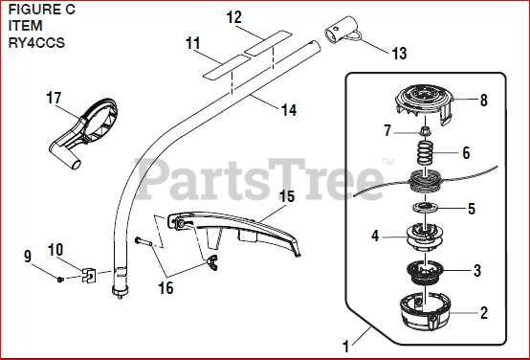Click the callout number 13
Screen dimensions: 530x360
[399, 54]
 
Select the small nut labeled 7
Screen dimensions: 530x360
[424, 130]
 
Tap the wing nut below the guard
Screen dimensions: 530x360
[211, 263]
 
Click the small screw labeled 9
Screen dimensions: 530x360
[60, 280]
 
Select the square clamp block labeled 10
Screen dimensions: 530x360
[89, 275]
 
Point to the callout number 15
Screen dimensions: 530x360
[287, 197]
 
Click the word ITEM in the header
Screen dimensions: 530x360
[25, 26]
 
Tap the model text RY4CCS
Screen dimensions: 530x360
[36, 43]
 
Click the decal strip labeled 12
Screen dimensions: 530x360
[269, 43]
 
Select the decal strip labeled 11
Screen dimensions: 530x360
[227, 67]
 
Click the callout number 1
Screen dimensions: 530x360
[345, 347]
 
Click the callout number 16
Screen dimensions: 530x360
[166, 288]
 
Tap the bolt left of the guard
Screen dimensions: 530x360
[144, 241]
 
